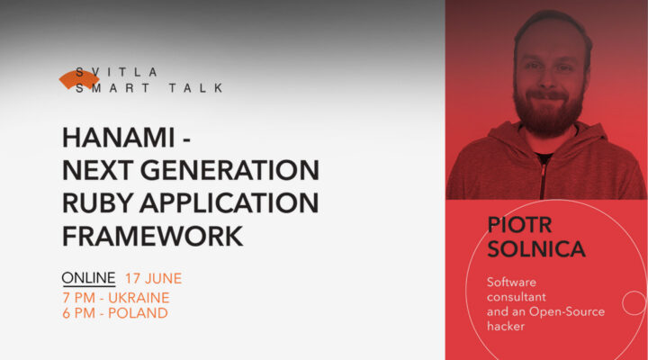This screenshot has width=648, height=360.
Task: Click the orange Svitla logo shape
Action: [78, 80]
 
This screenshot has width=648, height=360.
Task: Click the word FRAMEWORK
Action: [152, 235]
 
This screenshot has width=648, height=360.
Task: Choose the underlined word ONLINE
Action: [88, 277]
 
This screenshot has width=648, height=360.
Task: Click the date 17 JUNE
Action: [153, 277]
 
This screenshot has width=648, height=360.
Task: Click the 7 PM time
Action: [78, 297]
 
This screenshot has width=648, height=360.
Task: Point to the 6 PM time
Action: [78, 313]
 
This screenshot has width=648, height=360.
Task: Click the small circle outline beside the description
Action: [634, 302]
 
